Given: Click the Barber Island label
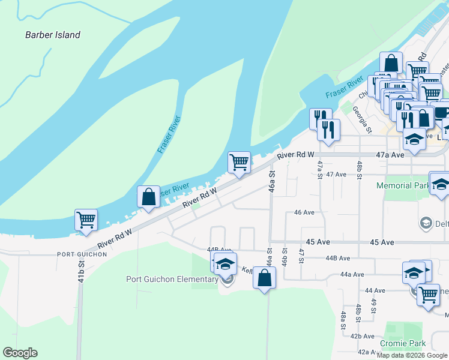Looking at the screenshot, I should pos(52,35).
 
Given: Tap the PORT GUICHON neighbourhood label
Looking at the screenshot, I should pos(82,254).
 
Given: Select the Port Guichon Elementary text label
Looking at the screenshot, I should pos(172,279).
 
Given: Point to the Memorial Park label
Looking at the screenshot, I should pos(402,186).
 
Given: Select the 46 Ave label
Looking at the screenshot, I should pos(304,212).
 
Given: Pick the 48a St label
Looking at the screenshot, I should pos(343,320).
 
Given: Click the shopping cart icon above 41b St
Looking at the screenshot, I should pos(86,220).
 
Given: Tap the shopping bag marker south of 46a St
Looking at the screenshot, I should pos(264,278).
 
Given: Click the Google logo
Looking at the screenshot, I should pos(20,353).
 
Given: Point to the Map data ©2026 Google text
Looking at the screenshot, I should pos(411,355).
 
